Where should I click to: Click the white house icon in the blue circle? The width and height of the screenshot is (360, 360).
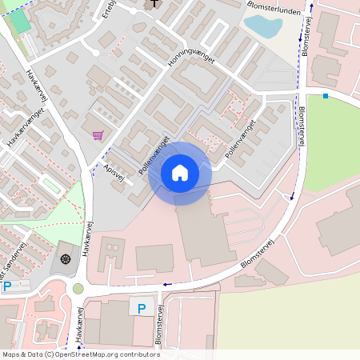point(180,173)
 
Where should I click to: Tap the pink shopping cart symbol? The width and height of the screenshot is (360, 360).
point(98,136)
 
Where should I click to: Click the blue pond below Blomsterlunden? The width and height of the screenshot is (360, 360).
point(262,26)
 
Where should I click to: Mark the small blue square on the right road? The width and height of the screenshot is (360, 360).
point(326,97)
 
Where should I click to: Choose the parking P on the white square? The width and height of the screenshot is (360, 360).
point(142,307)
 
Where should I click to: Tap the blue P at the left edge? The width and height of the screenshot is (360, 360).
point(6,286)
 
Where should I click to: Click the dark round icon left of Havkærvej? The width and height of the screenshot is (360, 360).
point(65,258)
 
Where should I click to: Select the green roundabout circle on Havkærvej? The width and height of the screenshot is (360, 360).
point(78,288)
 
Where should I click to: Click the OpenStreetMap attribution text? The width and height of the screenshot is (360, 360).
point(80,354)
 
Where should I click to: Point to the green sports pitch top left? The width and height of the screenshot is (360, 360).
point(20,22)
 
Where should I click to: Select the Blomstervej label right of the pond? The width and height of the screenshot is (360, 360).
point(307,36)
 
